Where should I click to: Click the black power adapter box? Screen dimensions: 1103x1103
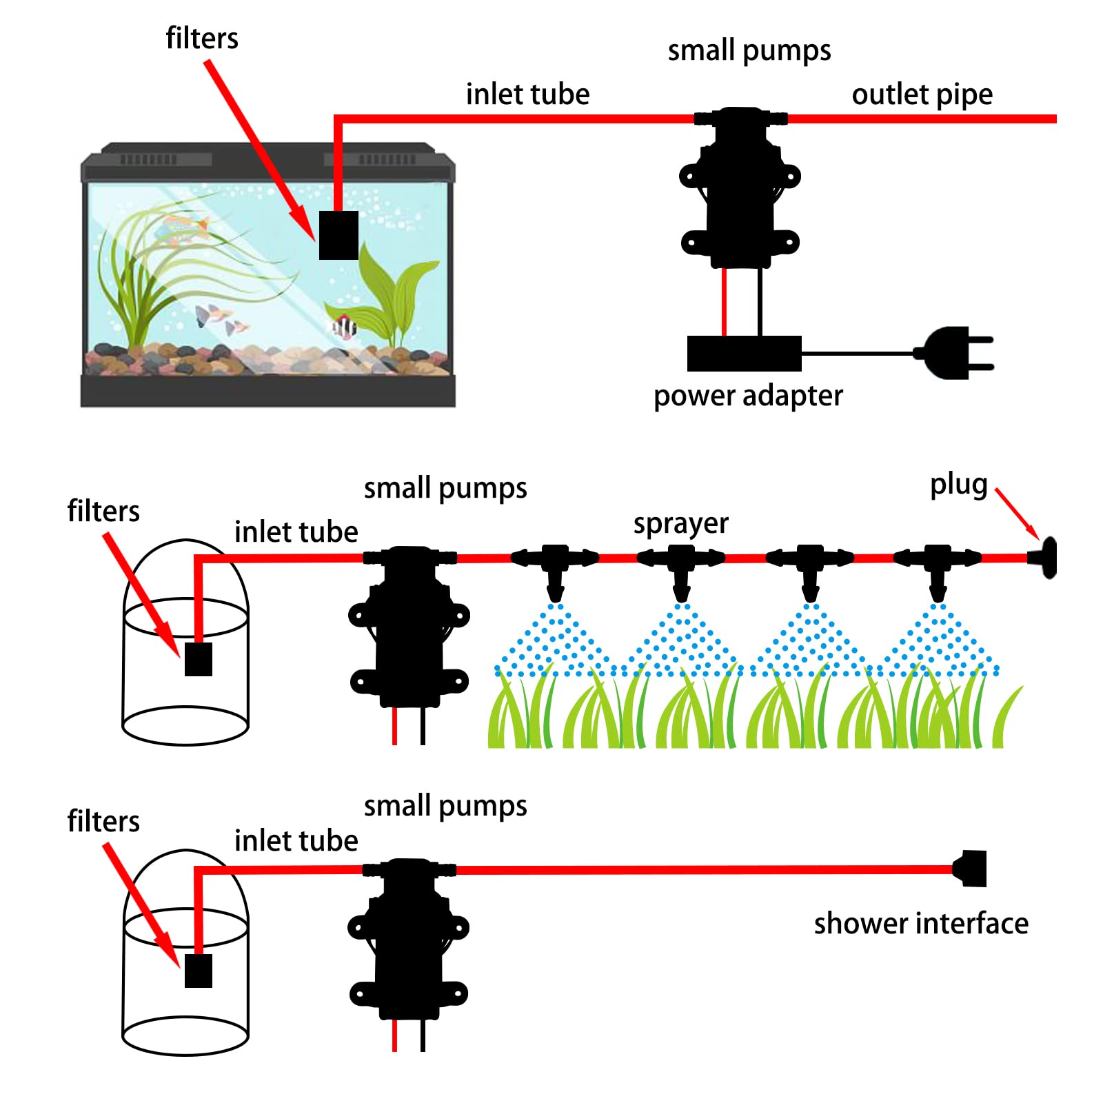click(744, 354)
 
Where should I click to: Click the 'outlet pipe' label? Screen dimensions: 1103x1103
click(922, 94)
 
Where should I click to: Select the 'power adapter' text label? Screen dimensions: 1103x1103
click(748, 396)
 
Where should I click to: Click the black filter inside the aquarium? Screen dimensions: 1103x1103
click(338, 235)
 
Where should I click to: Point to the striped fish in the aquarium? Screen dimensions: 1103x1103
click(344, 326)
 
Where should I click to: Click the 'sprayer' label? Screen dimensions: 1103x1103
click(680, 524)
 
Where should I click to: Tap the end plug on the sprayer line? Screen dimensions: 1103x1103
click(1045, 558)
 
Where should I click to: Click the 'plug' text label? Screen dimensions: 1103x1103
click(958, 485)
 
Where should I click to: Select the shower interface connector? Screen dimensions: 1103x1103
click(972, 869)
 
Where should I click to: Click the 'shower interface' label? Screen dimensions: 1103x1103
click(921, 924)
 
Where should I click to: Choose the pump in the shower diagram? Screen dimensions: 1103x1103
click(409, 938)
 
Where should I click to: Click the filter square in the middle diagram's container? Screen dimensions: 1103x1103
click(199, 659)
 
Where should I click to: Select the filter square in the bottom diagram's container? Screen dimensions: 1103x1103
click(199, 971)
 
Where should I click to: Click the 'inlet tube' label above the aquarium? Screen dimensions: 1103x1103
click(527, 94)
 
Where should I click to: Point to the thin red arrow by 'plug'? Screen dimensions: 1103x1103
click(1018, 514)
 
